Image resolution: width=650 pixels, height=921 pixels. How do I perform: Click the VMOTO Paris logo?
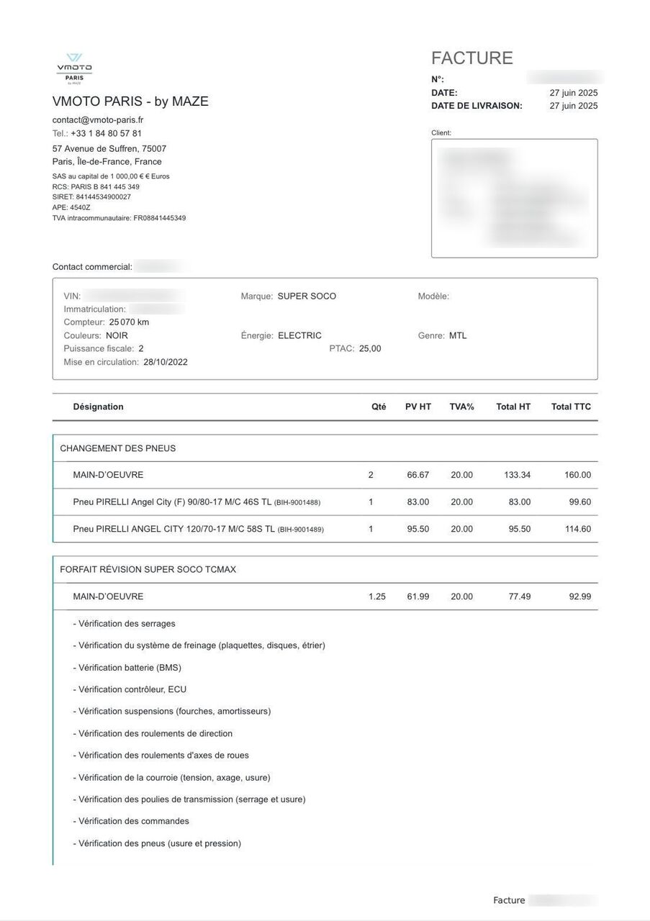(x=74, y=69)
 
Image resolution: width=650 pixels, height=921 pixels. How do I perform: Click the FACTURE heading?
(x=472, y=58)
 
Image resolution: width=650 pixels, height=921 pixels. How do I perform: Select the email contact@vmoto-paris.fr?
(x=98, y=120)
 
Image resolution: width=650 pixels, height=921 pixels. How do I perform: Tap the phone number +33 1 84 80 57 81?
(x=106, y=134)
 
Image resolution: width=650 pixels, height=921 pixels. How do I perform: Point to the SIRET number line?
(x=91, y=197)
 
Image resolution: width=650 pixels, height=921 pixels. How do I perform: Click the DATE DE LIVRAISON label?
(x=477, y=106)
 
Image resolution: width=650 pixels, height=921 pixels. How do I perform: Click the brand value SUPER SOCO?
(x=307, y=296)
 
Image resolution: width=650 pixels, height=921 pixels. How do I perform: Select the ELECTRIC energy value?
(x=299, y=335)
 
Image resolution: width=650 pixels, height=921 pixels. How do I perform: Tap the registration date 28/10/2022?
(x=166, y=362)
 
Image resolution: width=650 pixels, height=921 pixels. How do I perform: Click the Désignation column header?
(x=98, y=407)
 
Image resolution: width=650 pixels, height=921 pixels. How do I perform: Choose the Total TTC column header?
(x=571, y=407)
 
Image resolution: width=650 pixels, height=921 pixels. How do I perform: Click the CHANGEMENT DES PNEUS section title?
(x=118, y=448)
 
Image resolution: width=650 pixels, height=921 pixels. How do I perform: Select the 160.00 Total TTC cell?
(x=577, y=475)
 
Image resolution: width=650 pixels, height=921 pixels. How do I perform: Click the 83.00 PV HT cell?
(x=417, y=502)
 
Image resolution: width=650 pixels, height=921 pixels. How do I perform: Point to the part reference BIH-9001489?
(x=301, y=530)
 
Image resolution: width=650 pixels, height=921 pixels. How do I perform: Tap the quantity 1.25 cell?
(x=376, y=596)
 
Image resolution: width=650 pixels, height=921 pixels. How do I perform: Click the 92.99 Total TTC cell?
(x=579, y=596)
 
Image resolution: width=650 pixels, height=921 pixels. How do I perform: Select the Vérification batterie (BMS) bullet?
(x=127, y=668)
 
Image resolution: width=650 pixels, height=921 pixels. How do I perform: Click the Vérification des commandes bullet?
(x=132, y=821)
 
